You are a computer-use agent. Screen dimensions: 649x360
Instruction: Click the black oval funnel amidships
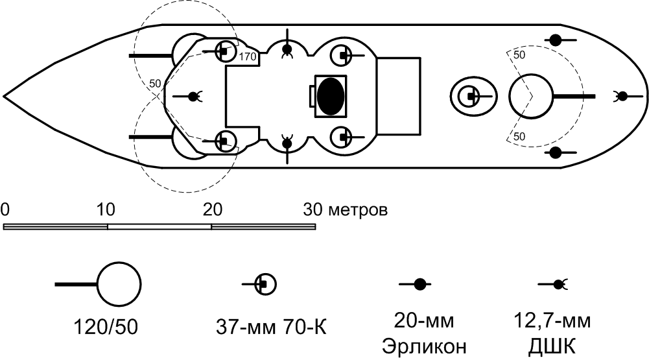(x=330, y=96)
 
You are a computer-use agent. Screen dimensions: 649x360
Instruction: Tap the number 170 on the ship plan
(x=248, y=56)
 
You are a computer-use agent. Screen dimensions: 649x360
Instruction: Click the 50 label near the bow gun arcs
(x=155, y=84)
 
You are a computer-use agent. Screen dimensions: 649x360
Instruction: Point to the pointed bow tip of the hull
(x=4, y=96)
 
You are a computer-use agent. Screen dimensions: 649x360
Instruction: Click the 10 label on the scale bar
(x=106, y=210)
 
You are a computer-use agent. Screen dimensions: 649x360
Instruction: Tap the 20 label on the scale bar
(x=212, y=210)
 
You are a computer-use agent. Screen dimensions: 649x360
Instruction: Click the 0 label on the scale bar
(x=5, y=210)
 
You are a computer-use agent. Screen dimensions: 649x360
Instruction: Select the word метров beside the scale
(x=358, y=210)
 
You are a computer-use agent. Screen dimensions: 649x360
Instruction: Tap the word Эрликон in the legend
(x=424, y=346)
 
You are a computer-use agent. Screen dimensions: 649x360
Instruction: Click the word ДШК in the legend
(x=552, y=347)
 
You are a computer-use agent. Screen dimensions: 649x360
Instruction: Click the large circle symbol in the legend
(x=119, y=284)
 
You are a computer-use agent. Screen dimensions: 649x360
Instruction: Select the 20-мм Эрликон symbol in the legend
(x=416, y=284)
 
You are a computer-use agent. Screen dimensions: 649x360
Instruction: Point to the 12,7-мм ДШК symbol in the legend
(x=554, y=284)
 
